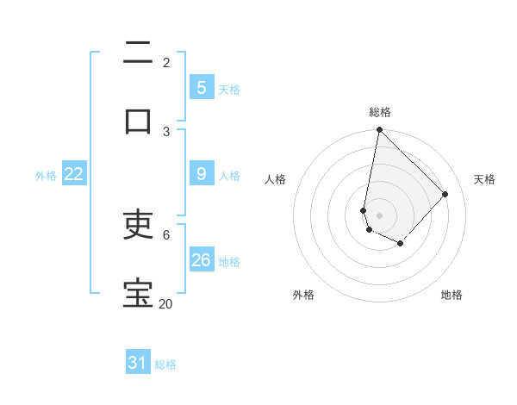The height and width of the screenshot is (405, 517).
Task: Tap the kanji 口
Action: (138, 120)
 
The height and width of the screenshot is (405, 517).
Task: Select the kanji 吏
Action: (138, 225)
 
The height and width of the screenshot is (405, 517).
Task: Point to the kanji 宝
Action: (138, 293)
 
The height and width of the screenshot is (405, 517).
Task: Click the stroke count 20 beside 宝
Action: (165, 303)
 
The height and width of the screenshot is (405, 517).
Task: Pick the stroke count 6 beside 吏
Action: (166, 234)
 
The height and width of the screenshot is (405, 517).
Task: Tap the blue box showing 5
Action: (201, 87)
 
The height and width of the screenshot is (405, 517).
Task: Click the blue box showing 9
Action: (201, 174)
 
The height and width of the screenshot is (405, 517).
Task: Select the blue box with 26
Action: (201, 259)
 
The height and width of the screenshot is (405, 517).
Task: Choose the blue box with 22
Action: (74, 174)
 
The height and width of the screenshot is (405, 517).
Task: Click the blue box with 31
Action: (137, 363)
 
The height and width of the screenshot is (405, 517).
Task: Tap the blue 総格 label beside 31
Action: (165, 364)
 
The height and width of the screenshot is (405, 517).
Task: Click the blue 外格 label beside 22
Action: (46, 176)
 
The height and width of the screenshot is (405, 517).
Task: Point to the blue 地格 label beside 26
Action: (229, 261)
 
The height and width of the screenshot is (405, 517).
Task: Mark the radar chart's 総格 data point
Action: (379, 130)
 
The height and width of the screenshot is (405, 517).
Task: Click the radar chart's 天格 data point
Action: (445, 194)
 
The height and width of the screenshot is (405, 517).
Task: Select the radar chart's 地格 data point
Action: (400, 244)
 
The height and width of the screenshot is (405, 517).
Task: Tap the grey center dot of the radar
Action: (379, 215)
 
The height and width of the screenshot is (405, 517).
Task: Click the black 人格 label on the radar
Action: (276, 179)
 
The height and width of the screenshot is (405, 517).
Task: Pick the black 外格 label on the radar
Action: (303, 295)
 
